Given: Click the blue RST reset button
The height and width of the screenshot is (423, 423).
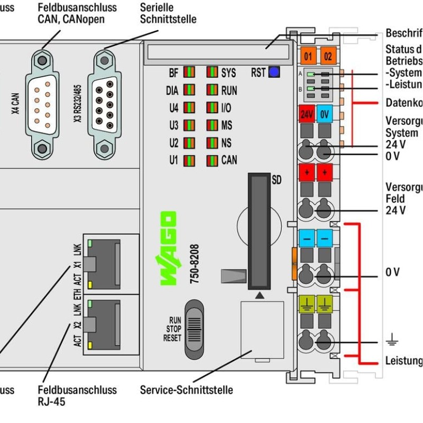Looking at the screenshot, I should click(x=274, y=72).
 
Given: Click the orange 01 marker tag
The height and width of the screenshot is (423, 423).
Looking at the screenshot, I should click(x=308, y=55).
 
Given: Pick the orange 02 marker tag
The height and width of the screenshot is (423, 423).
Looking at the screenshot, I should click(x=327, y=55).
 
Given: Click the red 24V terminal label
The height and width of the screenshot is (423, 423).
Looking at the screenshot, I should click(x=307, y=114).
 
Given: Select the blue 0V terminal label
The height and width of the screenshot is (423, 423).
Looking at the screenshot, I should click(x=325, y=114).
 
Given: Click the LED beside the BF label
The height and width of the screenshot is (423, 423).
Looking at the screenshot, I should click(x=188, y=72).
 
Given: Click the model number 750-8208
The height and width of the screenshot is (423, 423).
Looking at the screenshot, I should click(x=194, y=264).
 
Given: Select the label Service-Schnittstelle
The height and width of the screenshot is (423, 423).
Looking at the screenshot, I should click(x=186, y=390).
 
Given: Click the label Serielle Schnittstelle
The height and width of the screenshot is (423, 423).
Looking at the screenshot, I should click(x=168, y=13).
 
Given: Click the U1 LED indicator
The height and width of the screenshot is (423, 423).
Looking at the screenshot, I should click(x=188, y=160).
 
